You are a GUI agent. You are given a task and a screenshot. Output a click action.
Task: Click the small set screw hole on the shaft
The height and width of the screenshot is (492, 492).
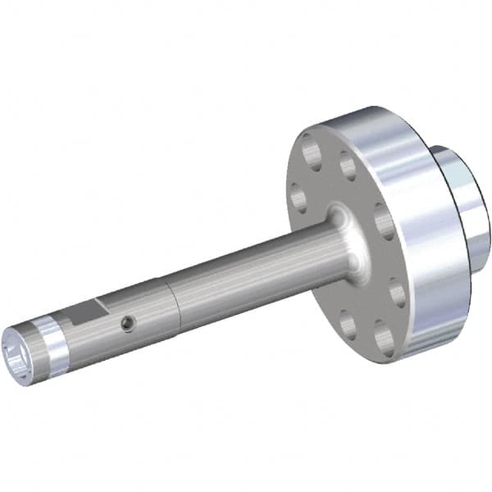tap(125, 325)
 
